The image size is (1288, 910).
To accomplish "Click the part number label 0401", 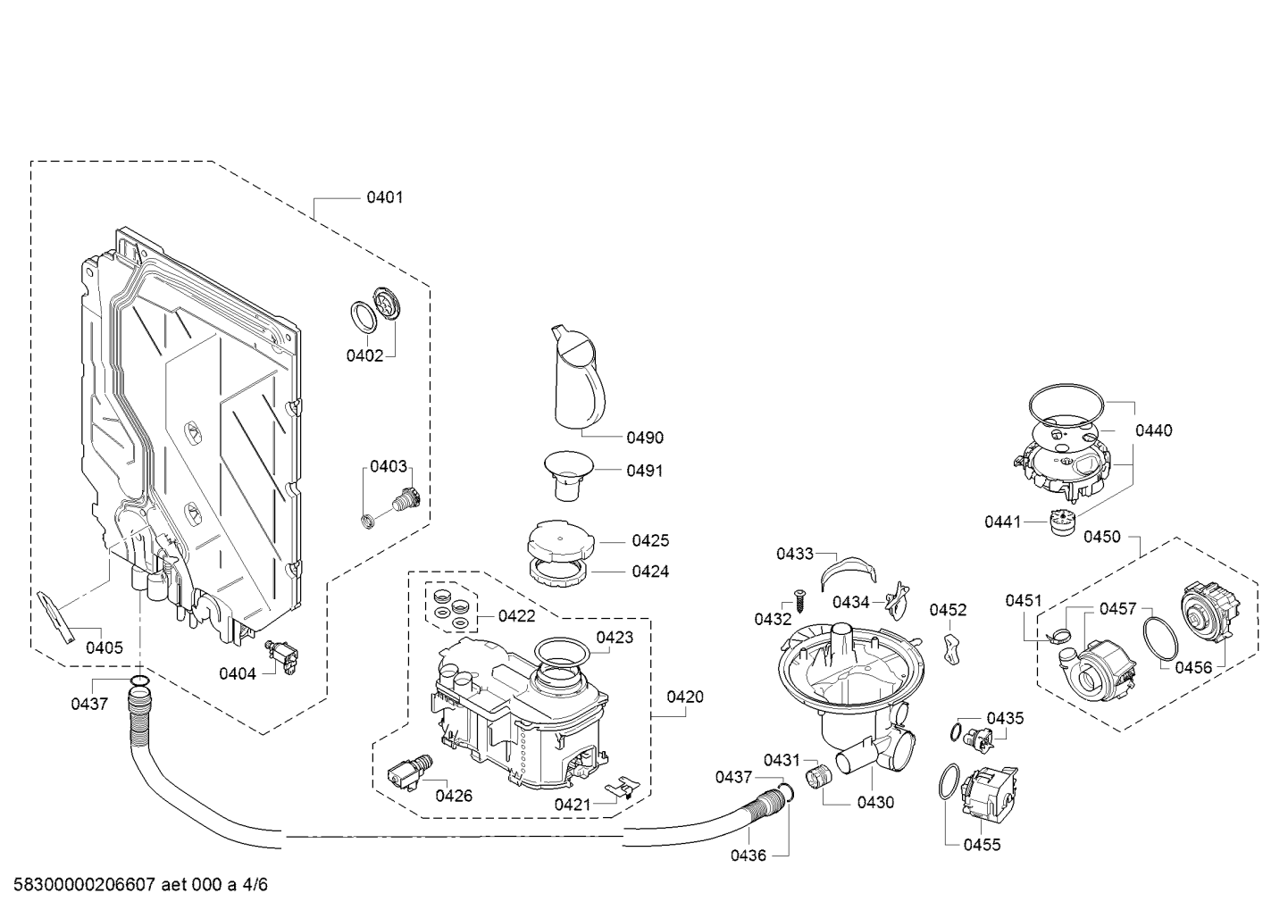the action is click(385, 197).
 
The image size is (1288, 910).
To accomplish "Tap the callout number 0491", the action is click(645, 471).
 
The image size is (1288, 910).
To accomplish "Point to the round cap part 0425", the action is click(560, 541).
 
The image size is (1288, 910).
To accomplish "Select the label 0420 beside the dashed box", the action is click(685, 697).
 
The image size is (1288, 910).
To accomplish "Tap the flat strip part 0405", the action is click(56, 617).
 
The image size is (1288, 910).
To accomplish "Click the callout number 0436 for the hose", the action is click(749, 856).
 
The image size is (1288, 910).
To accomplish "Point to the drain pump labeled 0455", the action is click(989, 792).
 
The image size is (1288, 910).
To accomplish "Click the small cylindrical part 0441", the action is click(1063, 522).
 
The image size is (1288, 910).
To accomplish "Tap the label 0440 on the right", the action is click(1153, 430).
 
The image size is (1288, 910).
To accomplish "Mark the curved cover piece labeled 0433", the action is click(849, 572).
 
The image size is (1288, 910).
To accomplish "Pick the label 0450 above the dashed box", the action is click(1101, 537).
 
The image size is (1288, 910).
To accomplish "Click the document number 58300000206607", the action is click(84, 885).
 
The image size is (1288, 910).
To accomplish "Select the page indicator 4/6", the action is click(255, 885).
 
